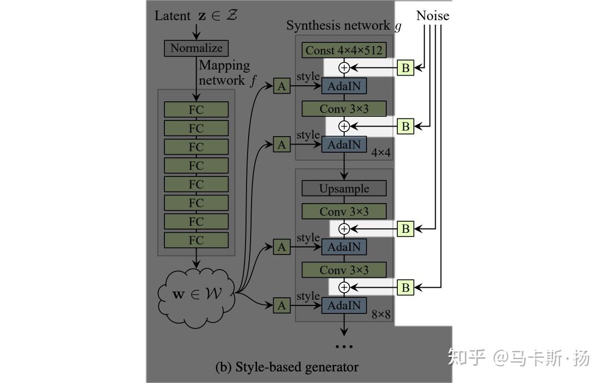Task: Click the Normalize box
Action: (196, 48)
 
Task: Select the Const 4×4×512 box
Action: (344, 50)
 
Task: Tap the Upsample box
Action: (344, 188)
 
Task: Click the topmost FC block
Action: (196, 110)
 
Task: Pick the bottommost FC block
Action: (196, 240)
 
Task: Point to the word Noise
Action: (433, 16)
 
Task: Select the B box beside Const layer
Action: (405, 68)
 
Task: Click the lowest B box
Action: (405, 288)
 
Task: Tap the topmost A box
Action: (281, 86)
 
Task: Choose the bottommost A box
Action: (281, 305)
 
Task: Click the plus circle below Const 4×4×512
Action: (344, 67)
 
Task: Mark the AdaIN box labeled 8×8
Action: (344, 305)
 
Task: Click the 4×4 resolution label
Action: (381, 152)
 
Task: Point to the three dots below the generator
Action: (344, 346)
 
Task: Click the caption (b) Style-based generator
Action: (287, 367)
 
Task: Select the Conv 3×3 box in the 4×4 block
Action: (344, 109)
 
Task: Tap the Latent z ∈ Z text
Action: (196, 16)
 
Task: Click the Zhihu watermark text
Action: (519, 358)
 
